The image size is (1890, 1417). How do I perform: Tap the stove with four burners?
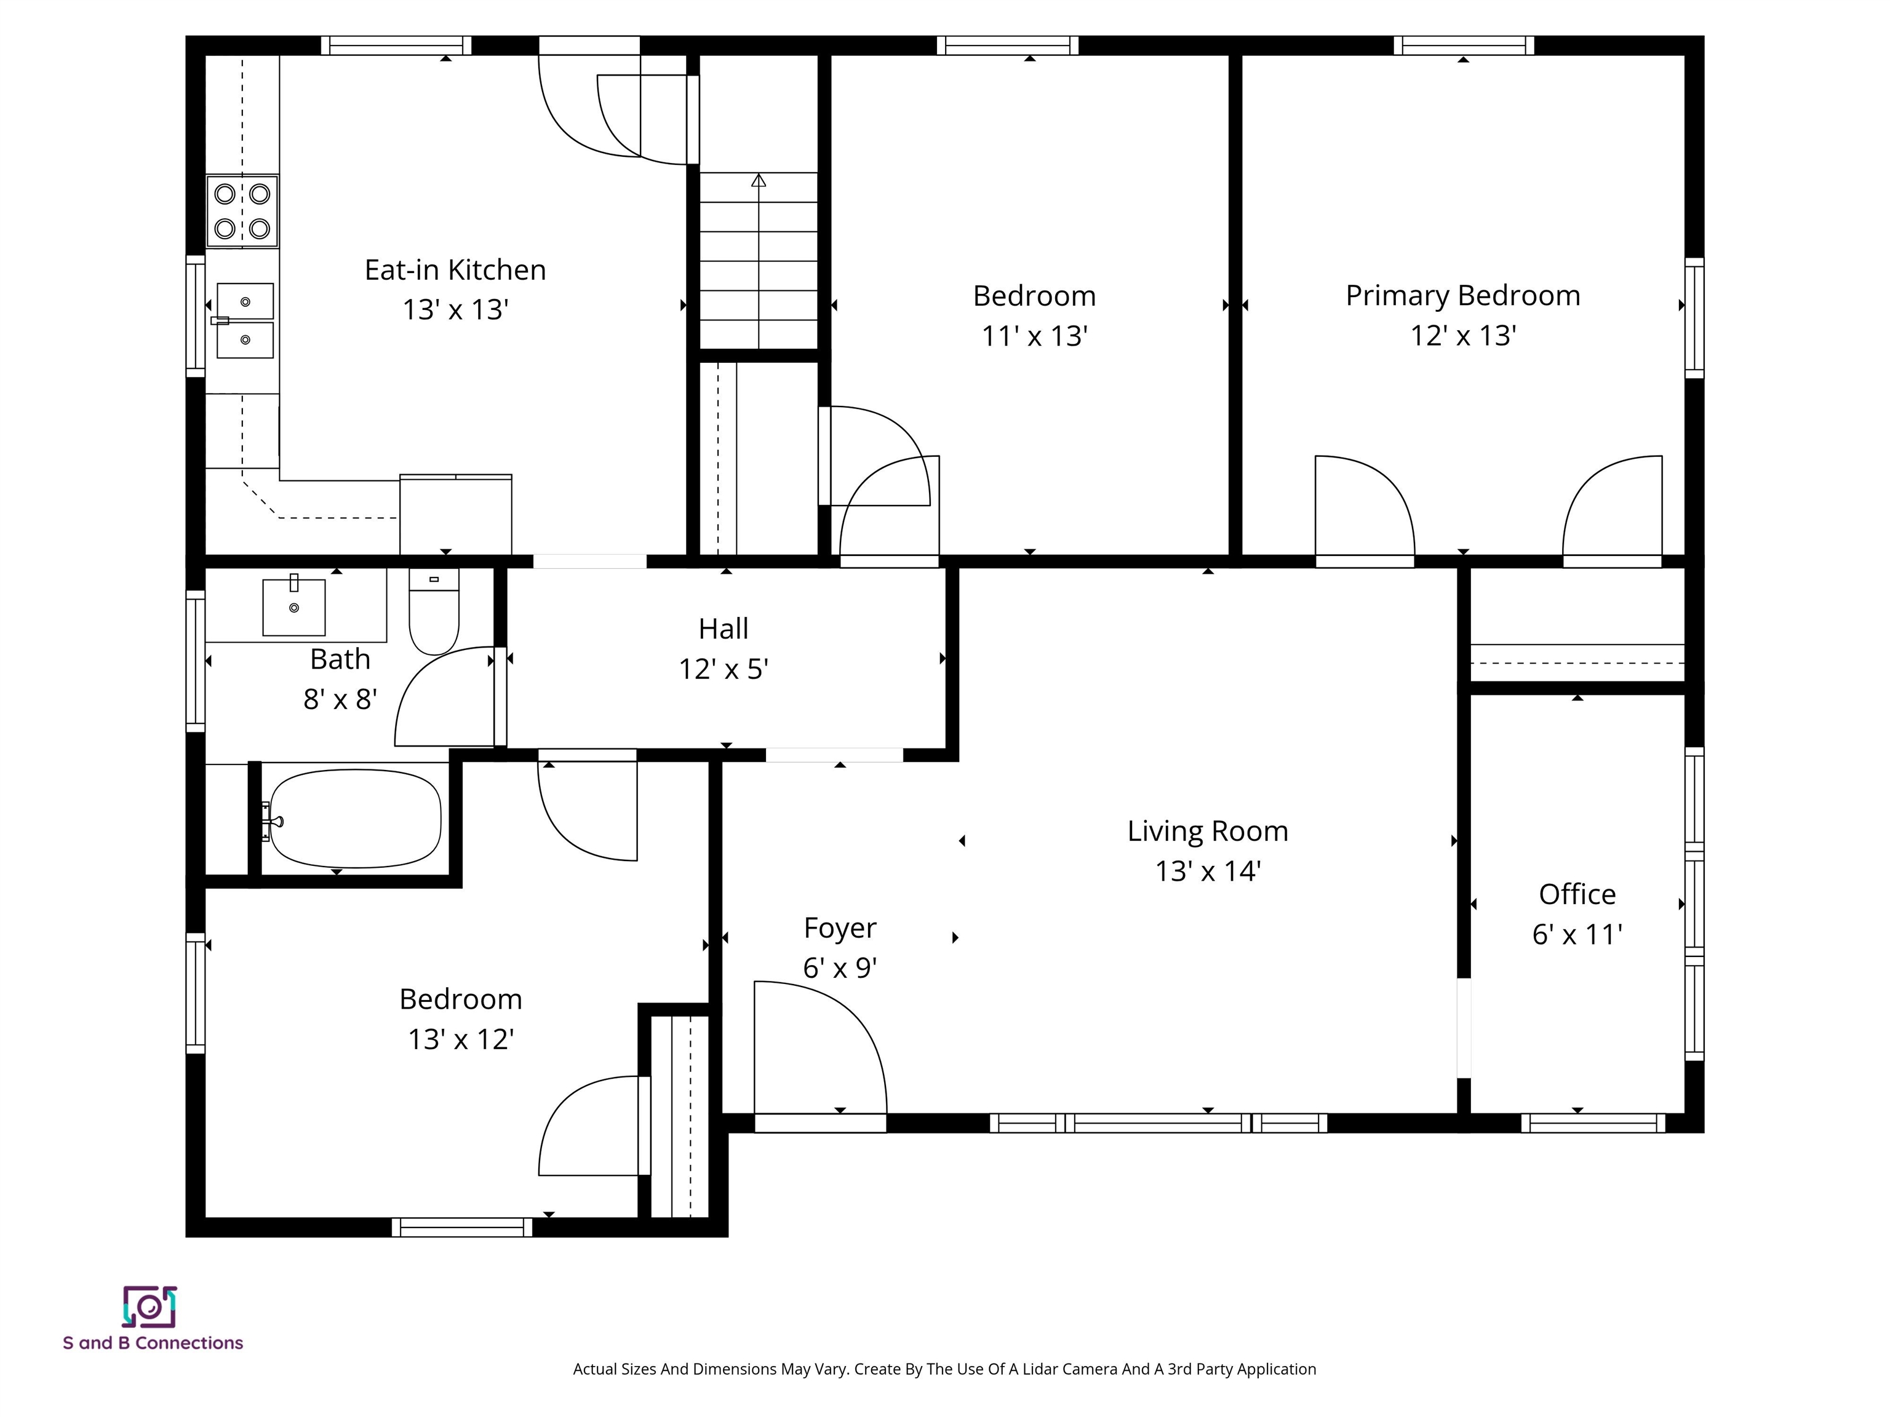click(x=242, y=211)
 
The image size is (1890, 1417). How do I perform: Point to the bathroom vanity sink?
click(x=294, y=606)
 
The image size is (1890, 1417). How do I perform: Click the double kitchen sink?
click(x=245, y=321)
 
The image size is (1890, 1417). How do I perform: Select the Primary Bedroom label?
click(x=1463, y=296)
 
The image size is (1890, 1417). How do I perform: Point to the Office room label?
click(x=1577, y=894)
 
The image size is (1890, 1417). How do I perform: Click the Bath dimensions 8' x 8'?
click(x=340, y=699)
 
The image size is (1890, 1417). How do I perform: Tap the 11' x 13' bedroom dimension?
click(x=1034, y=336)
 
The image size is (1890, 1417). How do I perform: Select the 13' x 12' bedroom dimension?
click(x=461, y=1039)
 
